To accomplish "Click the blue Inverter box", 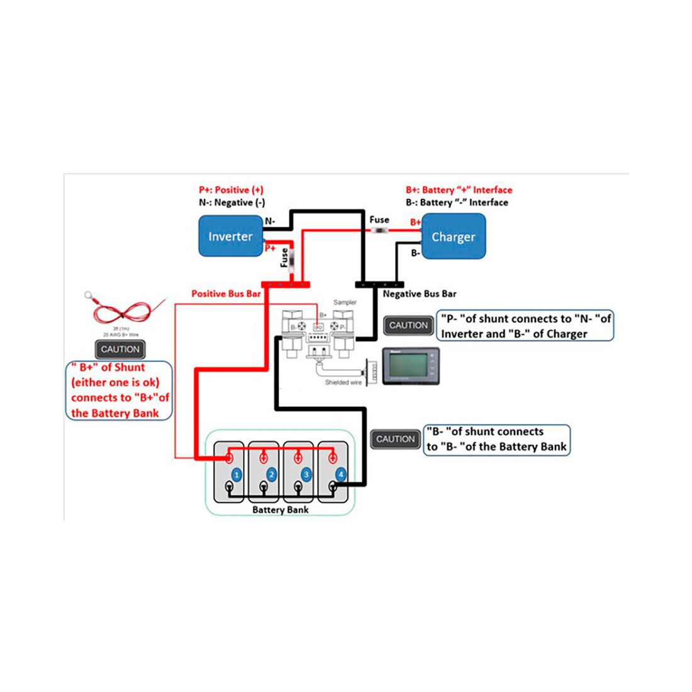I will click(x=230, y=236).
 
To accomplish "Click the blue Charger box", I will click(x=453, y=237).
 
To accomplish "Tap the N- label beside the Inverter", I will click(x=270, y=221).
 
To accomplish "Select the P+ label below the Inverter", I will click(x=270, y=248).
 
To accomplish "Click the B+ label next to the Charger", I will click(x=415, y=222).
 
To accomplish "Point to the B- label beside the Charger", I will click(x=415, y=253).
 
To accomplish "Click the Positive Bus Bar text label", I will click(x=226, y=294).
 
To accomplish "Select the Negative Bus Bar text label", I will click(x=420, y=294).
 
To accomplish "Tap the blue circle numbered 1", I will click(x=237, y=474).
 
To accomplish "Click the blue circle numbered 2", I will click(x=271, y=474).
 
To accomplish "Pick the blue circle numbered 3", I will click(x=306, y=474).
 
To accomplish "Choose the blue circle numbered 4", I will click(x=340, y=474).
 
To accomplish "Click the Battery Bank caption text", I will click(x=280, y=510).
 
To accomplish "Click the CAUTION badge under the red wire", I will click(x=120, y=349).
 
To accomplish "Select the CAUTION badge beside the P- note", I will click(x=408, y=325).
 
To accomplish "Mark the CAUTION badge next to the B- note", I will click(x=395, y=439).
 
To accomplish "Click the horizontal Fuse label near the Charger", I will click(x=379, y=220).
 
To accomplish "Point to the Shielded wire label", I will click(x=343, y=382).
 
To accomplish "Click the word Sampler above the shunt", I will click(x=345, y=303).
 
